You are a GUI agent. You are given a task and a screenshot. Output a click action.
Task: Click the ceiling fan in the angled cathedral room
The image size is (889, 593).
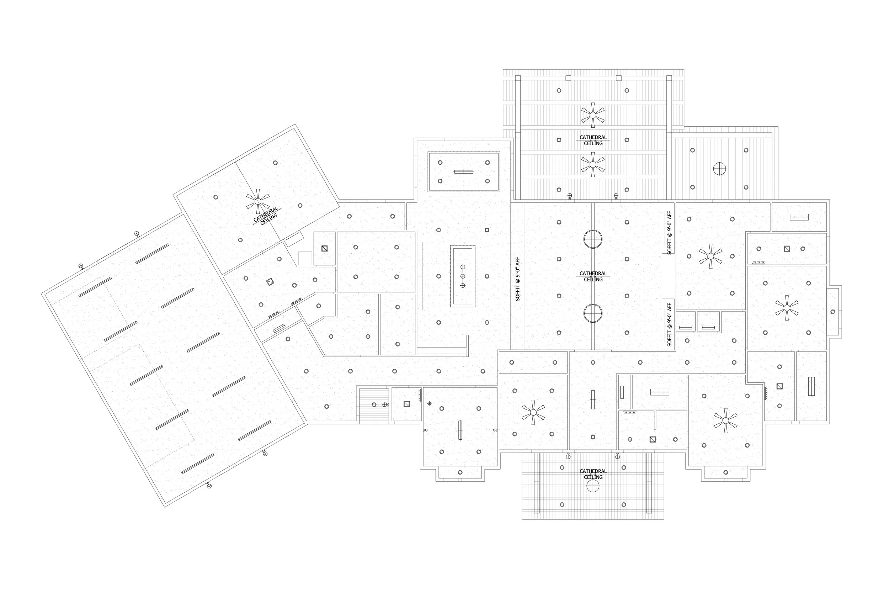pyautogui.click(x=258, y=201)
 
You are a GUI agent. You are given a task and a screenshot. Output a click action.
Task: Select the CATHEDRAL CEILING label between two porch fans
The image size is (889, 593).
pyautogui.click(x=593, y=140)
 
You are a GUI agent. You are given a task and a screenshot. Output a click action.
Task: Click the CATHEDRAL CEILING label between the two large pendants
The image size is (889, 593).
pyautogui.click(x=593, y=276)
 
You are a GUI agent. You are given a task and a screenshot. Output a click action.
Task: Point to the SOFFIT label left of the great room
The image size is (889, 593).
pyautogui.click(x=518, y=279)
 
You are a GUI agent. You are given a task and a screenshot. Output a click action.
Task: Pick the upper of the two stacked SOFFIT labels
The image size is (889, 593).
pyautogui.click(x=669, y=233)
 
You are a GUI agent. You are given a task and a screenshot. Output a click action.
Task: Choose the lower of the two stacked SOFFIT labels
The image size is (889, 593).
pyautogui.click(x=669, y=324)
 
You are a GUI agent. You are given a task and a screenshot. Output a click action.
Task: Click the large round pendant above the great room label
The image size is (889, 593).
pyautogui.click(x=593, y=239)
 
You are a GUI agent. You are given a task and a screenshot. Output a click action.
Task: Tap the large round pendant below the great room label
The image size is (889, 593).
pyautogui.click(x=593, y=313)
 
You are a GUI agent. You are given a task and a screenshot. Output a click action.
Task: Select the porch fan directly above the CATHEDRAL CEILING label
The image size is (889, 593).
pyautogui.click(x=593, y=115)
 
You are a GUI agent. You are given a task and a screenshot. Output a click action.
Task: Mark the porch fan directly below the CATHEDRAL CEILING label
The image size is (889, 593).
pyautogui.click(x=593, y=164)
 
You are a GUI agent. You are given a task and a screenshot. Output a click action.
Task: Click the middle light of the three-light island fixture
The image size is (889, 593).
pyautogui.click(x=463, y=276)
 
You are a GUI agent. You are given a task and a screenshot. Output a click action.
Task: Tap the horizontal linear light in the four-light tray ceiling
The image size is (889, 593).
pyautogui.click(x=464, y=172)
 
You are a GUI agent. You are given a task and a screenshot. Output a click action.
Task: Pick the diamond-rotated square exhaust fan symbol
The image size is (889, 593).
pyautogui.click(x=270, y=282)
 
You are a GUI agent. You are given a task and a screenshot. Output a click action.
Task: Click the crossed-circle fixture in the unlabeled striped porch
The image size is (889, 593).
pyautogui.click(x=719, y=168)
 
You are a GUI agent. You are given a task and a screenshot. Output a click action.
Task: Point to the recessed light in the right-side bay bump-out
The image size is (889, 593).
pyautogui.click(x=833, y=312)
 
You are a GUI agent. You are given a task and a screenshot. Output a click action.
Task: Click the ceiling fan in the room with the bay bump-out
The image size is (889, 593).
pyautogui.click(x=787, y=308)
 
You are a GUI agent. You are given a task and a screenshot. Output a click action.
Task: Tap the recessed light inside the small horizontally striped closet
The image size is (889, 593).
pyautogui.click(x=374, y=405)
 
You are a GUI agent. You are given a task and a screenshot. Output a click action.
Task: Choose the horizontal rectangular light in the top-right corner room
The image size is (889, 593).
pyautogui.click(x=799, y=217)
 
